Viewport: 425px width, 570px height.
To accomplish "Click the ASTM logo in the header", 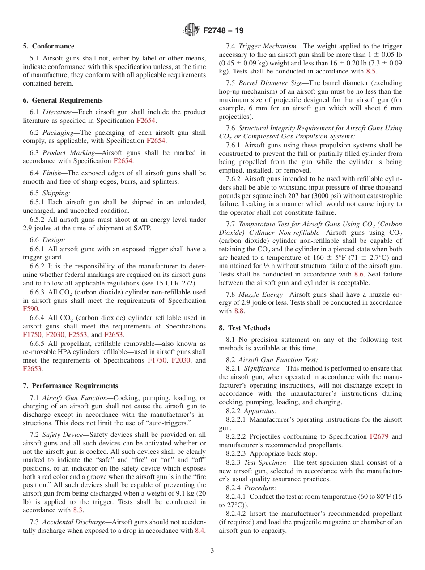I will click(x=191, y=30).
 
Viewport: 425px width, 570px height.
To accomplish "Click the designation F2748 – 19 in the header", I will click(x=223, y=31).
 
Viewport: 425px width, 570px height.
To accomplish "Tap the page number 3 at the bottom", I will click(x=212, y=550).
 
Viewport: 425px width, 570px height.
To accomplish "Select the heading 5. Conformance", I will click(x=49, y=46).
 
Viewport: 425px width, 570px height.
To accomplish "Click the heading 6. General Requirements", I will click(x=63, y=100).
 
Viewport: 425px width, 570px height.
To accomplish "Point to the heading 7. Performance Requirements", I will click(x=71, y=386).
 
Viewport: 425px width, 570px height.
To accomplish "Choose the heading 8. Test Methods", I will click(x=244, y=328).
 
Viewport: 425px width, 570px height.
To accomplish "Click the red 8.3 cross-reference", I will click(x=77, y=510).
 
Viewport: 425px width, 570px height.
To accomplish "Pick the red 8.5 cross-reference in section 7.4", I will click(x=371, y=71).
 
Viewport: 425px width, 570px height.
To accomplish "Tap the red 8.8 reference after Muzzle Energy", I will click(x=239, y=311).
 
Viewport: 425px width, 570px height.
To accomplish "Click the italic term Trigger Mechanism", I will click(x=267, y=46).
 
